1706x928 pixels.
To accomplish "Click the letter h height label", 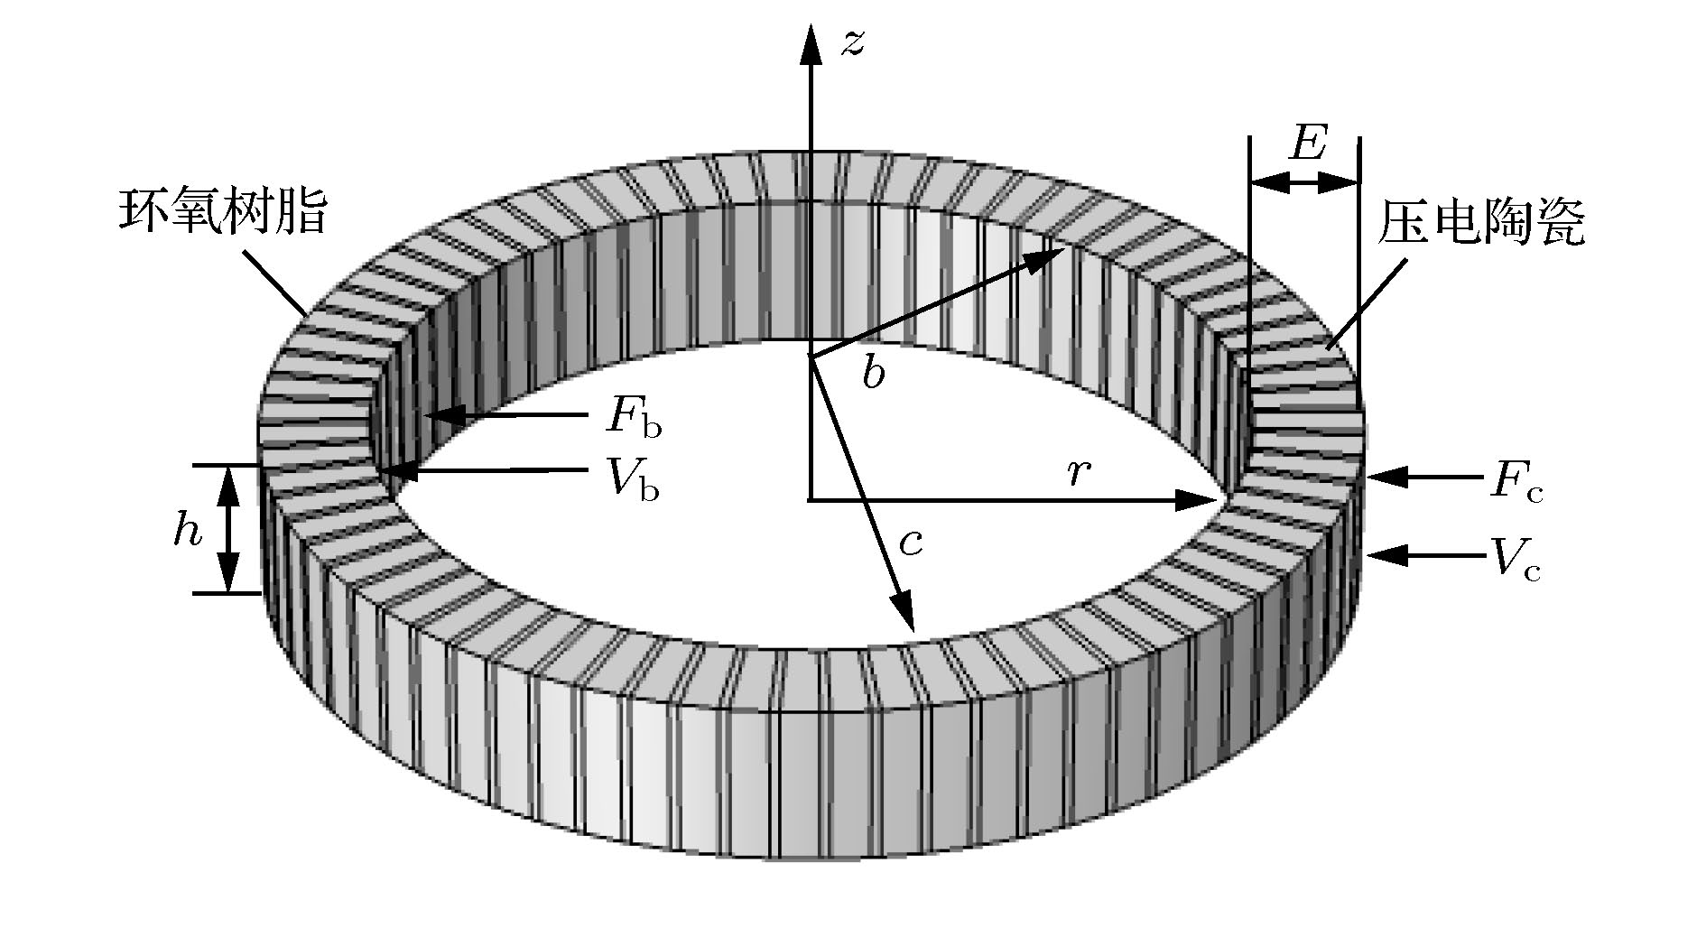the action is [188, 532].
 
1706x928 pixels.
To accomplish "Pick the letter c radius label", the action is [911, 543].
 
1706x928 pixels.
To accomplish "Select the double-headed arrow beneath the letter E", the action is [1303, 183].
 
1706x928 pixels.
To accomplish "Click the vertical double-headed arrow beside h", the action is [228, 529].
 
